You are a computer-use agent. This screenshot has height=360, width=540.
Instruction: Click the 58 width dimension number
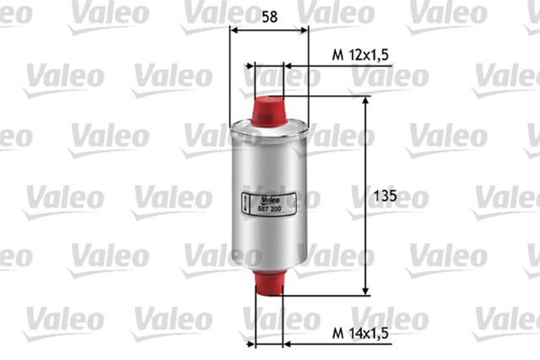click(269, 15)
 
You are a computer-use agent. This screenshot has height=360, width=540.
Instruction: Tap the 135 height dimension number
click(385, 196)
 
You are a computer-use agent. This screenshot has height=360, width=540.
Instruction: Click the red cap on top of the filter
click(269, 110)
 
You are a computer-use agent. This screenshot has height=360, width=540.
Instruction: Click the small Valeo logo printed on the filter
click(269, 199)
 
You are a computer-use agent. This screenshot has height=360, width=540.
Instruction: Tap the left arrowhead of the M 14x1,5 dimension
click(250, 343)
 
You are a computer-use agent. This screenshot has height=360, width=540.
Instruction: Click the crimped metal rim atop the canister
click(269, 127)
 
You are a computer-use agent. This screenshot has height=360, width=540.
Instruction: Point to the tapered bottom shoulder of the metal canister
click(269, 265)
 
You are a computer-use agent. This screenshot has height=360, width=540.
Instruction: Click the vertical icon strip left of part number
click(244, 203)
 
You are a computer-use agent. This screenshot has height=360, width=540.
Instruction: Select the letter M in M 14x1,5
click(335, 333)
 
